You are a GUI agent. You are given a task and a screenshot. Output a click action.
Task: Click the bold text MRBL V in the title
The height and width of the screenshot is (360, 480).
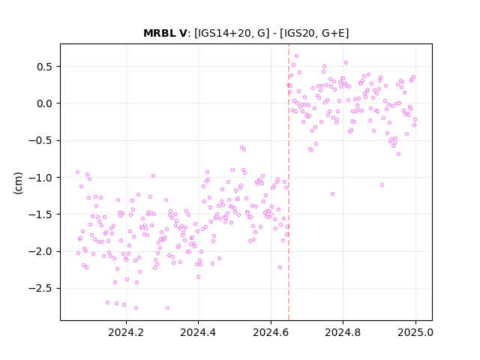point(165,33)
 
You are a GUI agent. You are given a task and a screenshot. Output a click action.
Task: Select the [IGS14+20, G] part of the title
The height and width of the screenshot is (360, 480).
point(232,33)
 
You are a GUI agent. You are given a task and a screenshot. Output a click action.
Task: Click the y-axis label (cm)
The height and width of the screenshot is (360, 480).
point(18,183)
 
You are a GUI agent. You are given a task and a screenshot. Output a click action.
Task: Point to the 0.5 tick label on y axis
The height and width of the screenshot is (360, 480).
point(44,67)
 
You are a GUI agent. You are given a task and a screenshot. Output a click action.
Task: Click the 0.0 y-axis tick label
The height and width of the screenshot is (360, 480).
point(44,103)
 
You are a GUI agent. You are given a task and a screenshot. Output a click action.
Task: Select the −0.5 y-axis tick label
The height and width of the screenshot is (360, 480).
point(40,141)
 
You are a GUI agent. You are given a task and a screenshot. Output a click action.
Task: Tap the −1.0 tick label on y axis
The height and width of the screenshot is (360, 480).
point(40,178)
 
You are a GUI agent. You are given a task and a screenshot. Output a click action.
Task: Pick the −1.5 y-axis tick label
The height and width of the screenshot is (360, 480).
point(40,214)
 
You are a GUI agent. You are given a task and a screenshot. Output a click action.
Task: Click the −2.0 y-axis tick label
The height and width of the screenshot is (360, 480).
point(40,252)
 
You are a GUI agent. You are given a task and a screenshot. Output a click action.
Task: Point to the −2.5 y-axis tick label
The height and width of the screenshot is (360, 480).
point(40,289)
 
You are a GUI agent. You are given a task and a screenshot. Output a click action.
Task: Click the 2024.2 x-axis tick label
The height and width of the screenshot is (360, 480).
point(126,332)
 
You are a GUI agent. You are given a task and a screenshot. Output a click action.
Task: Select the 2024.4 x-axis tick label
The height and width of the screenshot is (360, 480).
point(198,332)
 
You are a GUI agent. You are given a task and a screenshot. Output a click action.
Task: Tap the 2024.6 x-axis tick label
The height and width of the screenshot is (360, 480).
point(271,332)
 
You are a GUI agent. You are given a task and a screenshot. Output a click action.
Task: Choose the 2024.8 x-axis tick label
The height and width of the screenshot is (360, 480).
point(343,332)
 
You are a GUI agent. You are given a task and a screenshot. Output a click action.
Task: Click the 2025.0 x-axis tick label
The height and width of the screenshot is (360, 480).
point(415,332)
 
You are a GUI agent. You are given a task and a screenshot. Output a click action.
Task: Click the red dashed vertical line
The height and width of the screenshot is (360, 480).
point(288,182)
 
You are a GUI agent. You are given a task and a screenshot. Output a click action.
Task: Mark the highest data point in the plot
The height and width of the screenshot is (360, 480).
point(296,56)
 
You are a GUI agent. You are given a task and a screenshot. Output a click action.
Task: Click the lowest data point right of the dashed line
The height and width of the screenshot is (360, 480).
point(332,193)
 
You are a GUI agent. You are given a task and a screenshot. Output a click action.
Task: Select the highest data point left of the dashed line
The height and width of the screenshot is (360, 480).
point(241,148)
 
